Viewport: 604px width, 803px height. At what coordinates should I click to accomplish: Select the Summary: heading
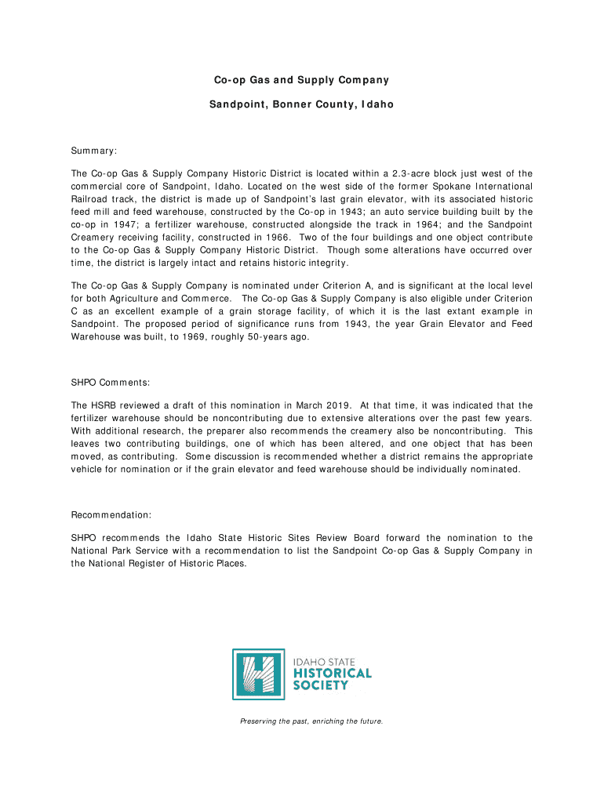pos(94,150)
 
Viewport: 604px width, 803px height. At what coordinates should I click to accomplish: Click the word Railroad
pos(93,199)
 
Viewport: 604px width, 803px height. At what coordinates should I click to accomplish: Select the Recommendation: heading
pos(111,515)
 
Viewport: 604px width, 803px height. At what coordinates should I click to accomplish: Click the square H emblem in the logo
pos(258,674)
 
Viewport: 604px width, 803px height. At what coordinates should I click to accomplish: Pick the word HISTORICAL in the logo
pos(332,674)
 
